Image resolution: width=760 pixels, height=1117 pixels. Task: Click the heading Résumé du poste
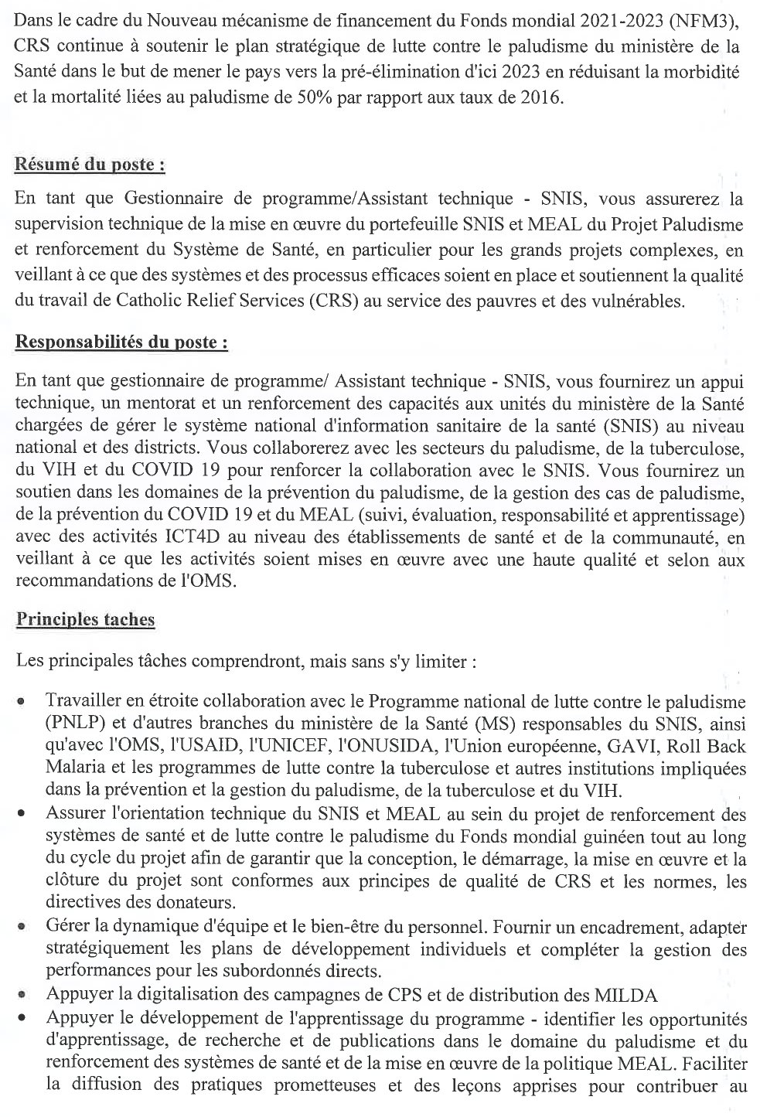coord(90,166)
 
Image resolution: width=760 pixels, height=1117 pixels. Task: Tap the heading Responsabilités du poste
coord(121,343)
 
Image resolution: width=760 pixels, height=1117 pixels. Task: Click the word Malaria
coord(72,769)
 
